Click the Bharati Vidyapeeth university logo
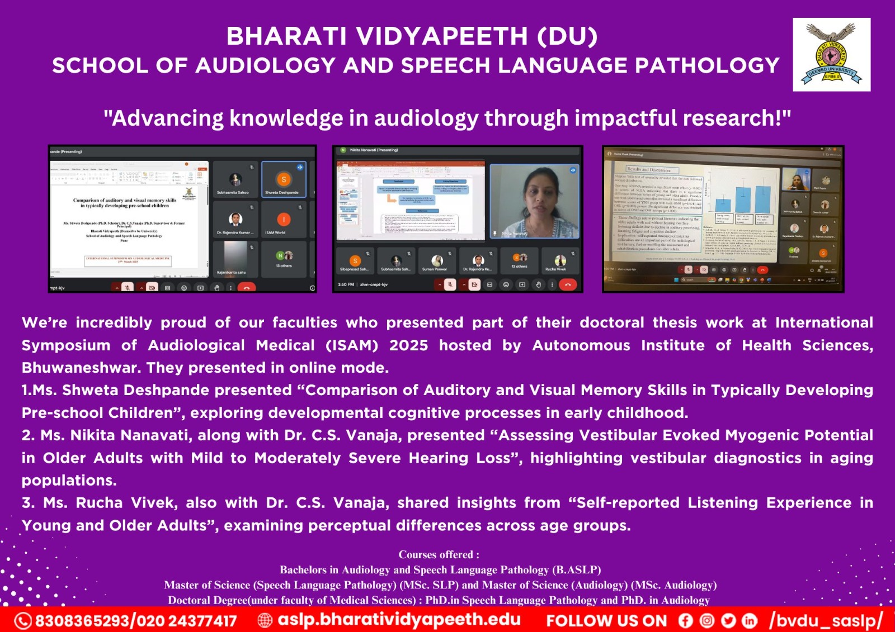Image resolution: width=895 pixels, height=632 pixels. point(831,54)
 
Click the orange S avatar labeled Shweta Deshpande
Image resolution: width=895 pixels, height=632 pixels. point(284,179)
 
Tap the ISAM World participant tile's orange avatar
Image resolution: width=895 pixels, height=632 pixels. point(284,220)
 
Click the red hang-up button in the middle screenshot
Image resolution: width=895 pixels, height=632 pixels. point(568,284)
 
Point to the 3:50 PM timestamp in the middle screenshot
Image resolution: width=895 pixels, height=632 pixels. point(346,284)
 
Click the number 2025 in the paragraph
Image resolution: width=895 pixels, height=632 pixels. point(408,345)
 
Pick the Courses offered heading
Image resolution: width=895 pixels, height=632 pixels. point(439,555)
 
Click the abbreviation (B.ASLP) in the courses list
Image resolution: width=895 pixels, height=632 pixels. point(576,570)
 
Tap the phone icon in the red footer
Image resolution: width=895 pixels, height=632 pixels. point(23,621)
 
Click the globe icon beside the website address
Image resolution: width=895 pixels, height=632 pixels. point(265,620)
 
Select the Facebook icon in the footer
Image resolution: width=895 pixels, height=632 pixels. point(685,621)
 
